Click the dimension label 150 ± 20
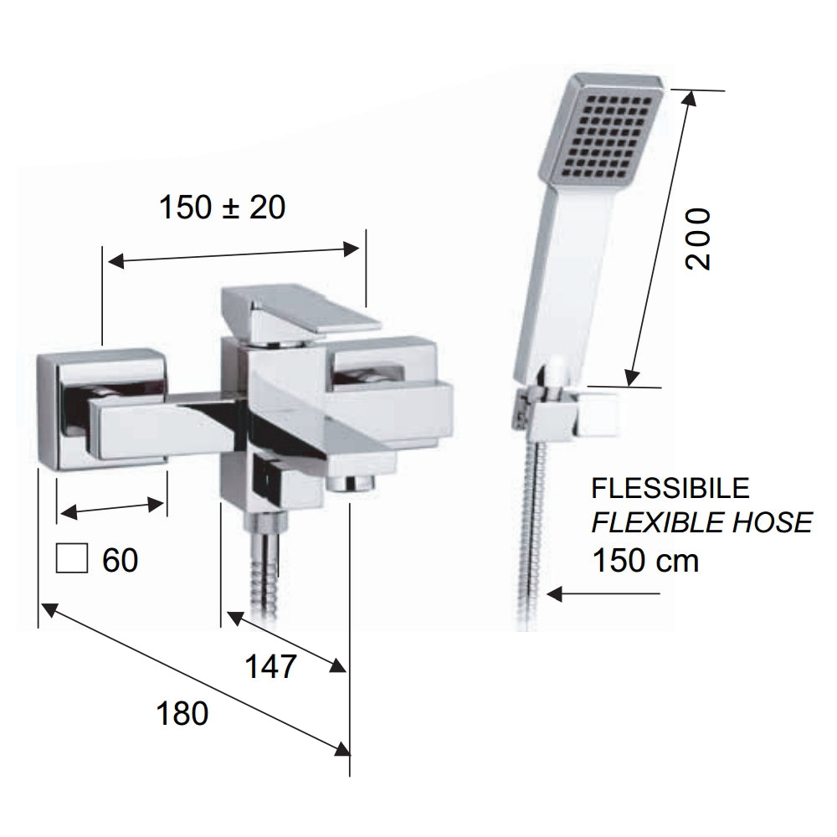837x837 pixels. point(222,207)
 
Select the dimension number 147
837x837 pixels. point(270,667)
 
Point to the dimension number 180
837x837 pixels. point(182,714)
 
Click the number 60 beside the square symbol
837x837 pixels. point(120,560)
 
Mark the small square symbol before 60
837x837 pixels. point(71,557)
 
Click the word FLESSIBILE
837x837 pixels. point(670,487)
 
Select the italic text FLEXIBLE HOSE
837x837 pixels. point(701,523)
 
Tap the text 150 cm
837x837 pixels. point(644,559)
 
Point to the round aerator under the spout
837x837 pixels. point(352,483)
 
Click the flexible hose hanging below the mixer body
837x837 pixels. point(261,578)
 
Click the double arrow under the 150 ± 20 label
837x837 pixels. point(234,254)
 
